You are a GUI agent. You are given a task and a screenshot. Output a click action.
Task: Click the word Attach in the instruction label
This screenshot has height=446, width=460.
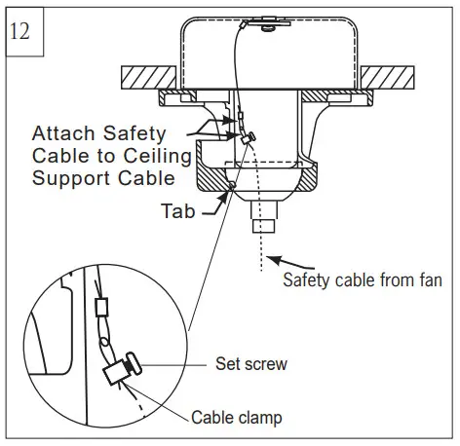(x=62, y=132)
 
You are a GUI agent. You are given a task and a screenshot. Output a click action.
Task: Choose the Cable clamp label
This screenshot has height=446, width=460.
(x=237, y=419)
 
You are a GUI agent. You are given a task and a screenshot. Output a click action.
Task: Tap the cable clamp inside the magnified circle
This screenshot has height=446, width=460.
(x=120, y=371)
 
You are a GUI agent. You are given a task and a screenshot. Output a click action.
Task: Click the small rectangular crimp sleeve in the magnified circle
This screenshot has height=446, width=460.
(x=100, y=309)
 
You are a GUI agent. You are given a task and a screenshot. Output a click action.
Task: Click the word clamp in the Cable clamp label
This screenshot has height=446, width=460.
(x=260, y=419)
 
